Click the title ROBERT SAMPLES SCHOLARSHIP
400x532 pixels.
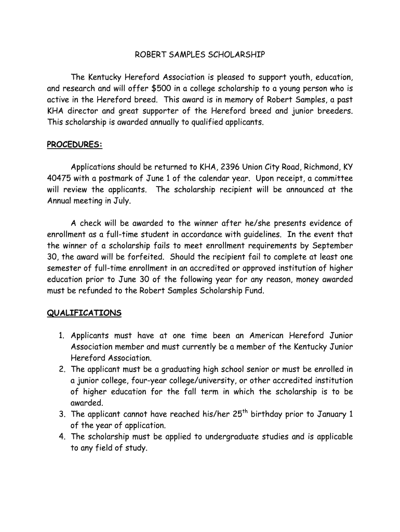click(200, 55)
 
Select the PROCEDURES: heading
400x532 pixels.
click(75, 144)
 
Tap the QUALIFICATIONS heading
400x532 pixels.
click(84, 313)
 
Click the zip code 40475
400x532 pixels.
click(59, 178)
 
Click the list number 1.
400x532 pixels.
click(62, 336)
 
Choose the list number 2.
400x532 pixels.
click(62, 369)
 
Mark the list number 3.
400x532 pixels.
click(62, 414)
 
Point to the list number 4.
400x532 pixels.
click(62, 436)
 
